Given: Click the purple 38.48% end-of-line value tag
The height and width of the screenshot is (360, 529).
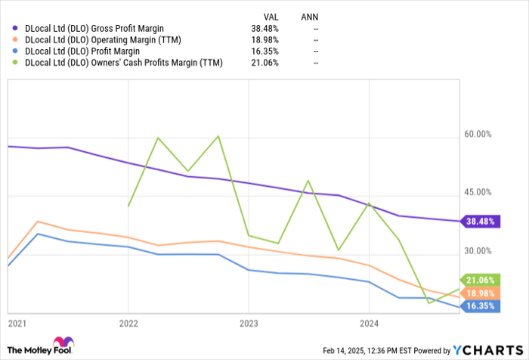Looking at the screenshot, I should pyautogui.click(x=481, y=222).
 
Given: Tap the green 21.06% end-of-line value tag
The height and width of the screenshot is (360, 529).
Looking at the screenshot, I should pyautogui.click(x=481, y=280).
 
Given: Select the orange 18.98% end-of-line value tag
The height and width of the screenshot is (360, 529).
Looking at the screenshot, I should pyautogui.click(x=481, y=293).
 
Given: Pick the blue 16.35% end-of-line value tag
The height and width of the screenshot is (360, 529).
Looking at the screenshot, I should pyautogui.click(x=481, y=306).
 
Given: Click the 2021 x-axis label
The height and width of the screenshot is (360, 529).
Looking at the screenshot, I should pyautogui.click(x=17, y=322).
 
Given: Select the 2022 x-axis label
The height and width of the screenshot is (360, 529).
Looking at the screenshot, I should pyautogui.click(x=128, y=322).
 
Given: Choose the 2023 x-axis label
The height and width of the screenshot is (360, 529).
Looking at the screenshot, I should pyautogui.click(x=248, y=322).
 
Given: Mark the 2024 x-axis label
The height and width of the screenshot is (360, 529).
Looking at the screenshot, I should pyautogui.click(x=368, y=322).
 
